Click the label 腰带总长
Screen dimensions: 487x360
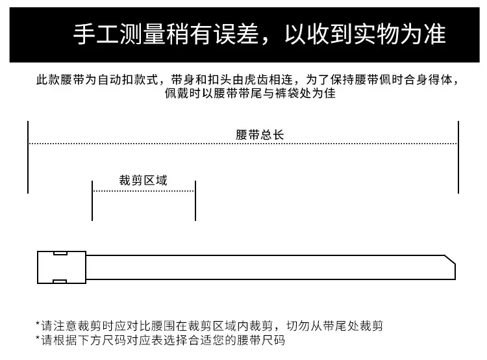point(260,135)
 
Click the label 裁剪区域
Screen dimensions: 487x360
point(144,180)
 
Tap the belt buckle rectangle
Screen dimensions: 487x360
point(62,267)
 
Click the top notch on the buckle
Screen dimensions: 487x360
point(60,253)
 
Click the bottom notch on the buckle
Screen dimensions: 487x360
point(60,281)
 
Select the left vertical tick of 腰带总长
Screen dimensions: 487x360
point(28,157)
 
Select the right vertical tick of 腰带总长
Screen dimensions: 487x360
point(458,157)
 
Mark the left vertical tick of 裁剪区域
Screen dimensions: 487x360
point(92,201)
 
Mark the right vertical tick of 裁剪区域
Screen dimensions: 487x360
point(195,201)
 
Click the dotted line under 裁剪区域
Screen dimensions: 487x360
point(144,191)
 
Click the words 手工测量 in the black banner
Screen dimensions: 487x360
point(119,34)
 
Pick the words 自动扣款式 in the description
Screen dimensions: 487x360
point(128,79)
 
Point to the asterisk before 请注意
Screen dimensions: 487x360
point(38,324)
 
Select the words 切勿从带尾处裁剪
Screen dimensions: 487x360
point(335,326)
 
